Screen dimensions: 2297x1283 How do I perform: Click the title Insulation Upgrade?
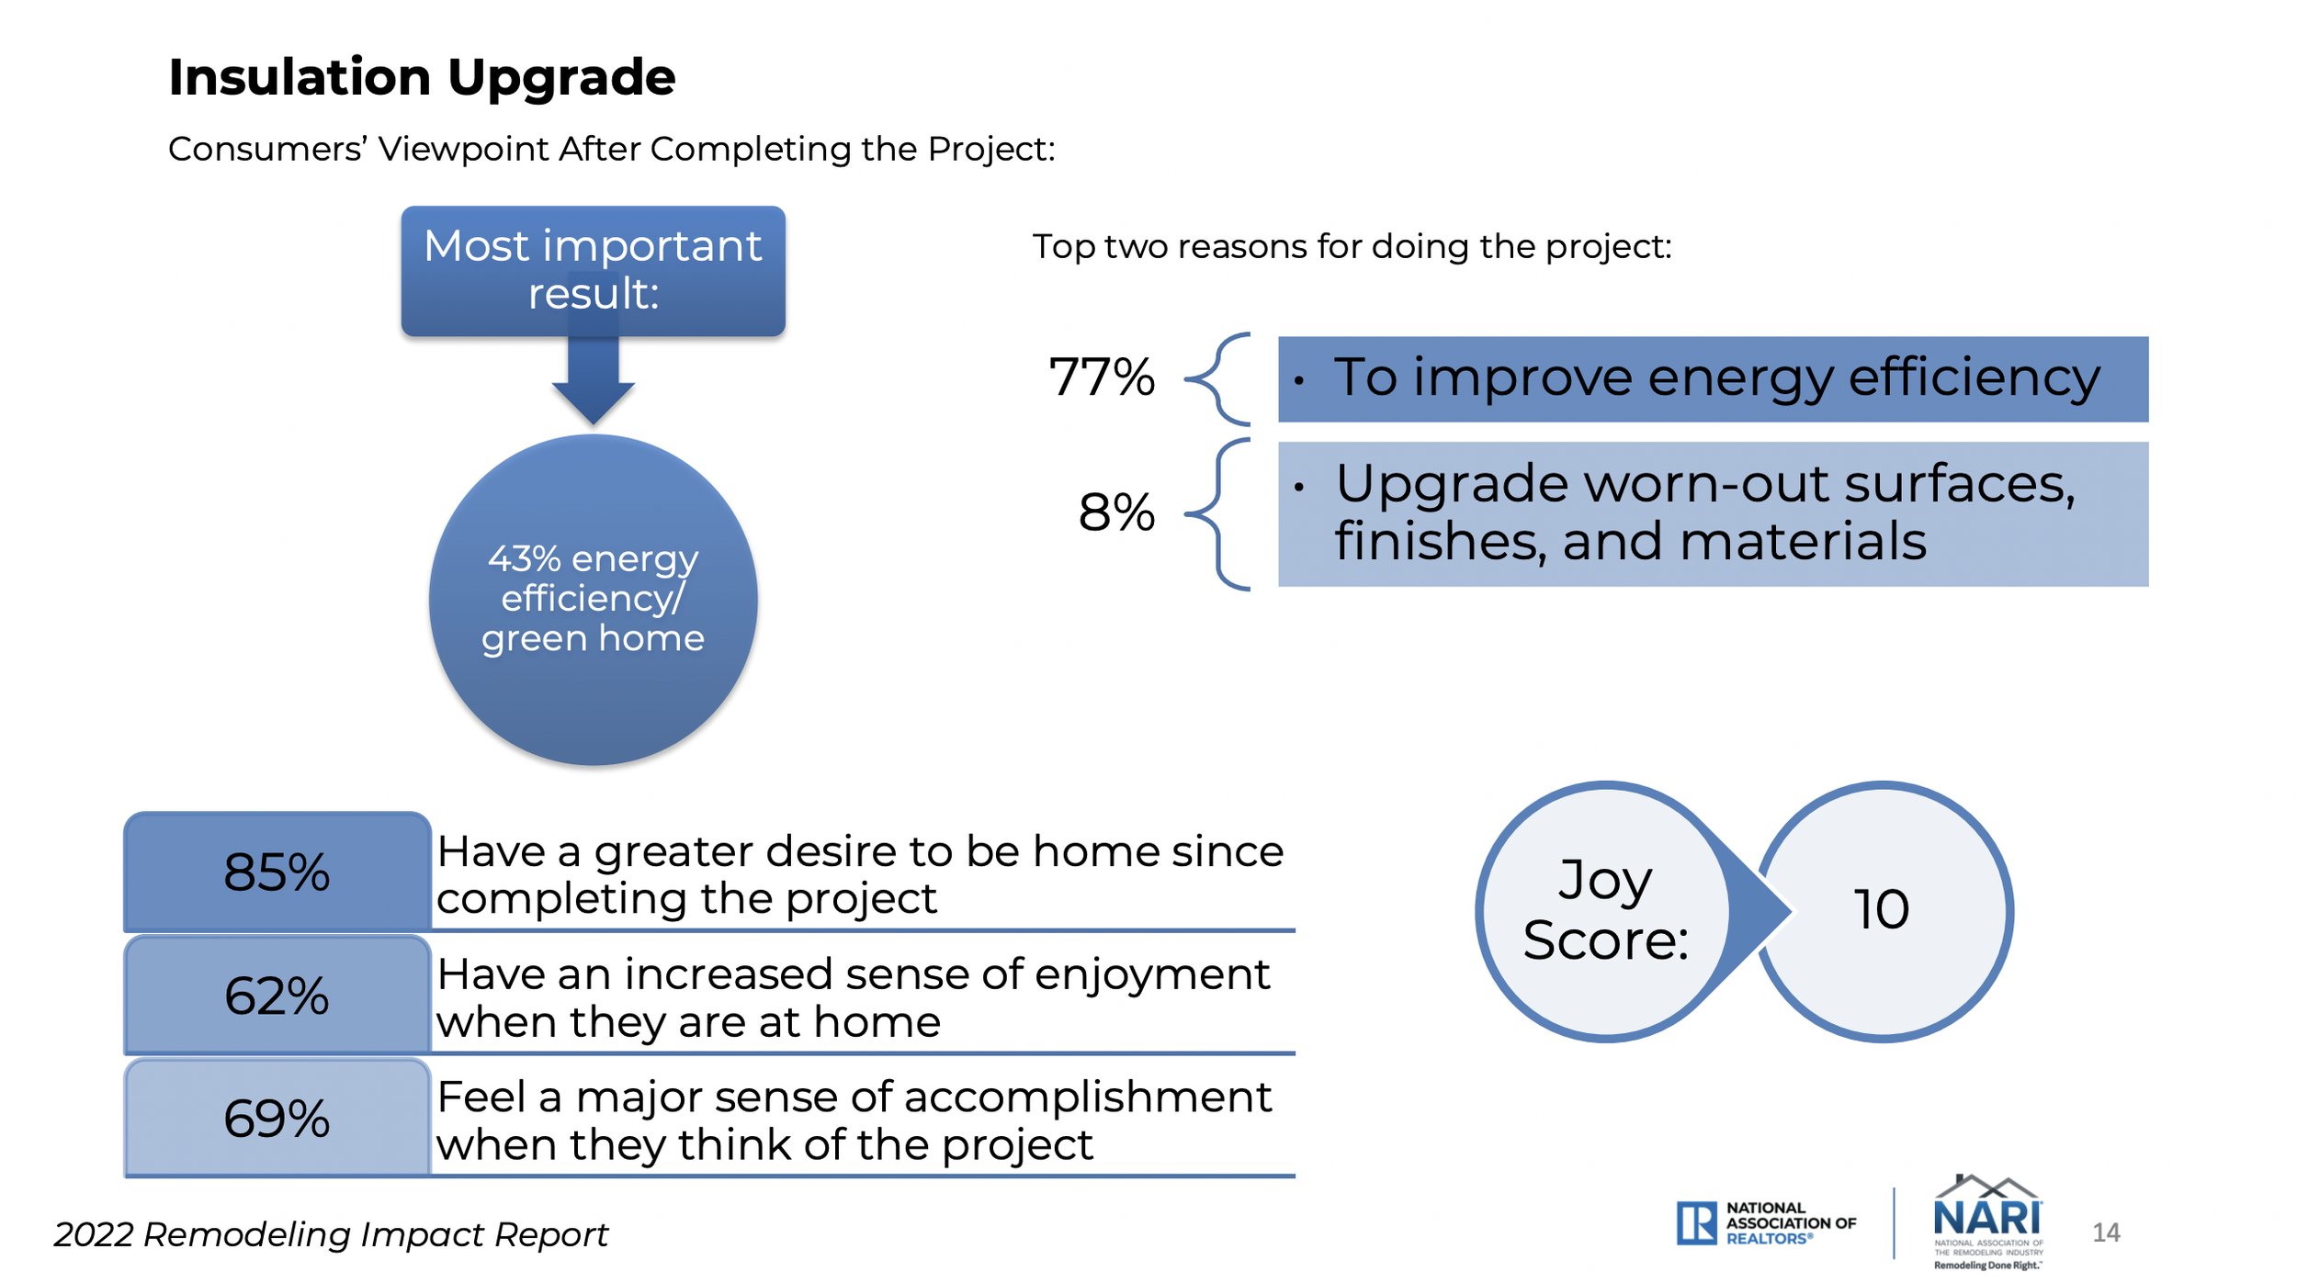pyautogui.click(x=422, y=77)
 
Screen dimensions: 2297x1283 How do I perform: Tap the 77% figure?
pyautogui.click(x=1102, y=377)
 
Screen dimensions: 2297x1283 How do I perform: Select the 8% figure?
pyautogui.click(x=1116, y=512)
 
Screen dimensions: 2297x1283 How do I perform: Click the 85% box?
pyautogui.click(x=277, y=872)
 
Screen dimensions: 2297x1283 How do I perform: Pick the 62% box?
pyautogui.click(x=277, y=995)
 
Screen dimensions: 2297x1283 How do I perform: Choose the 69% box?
pyautogui.click(x=277, y=1118)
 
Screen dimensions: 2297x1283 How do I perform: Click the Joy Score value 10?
pyautogui.click(x=1883, y=911)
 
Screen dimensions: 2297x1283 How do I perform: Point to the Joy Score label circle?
pyautogui.click(x=1605, y=911)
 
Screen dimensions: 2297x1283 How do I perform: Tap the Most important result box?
pyautogui.click(x=594, y=271)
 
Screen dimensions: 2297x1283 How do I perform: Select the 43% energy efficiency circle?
pyautogui.click(x=594, y=600)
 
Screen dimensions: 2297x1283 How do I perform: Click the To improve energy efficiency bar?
pyautogui.click(x=1714, y=379)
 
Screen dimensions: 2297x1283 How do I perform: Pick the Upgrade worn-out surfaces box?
pyautogui.click(x=1714, y=514)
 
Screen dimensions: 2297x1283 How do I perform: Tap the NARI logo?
pyautogui.click(x=1988, y=1222)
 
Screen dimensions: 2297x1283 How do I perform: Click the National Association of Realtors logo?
pyautogui.click(x=1766, y=1223)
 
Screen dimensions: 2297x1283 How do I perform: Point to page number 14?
pyautogui.click(x=2106, y=1232)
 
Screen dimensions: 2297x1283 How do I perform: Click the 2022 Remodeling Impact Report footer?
pyautogui.click(x=331, y=1235)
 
